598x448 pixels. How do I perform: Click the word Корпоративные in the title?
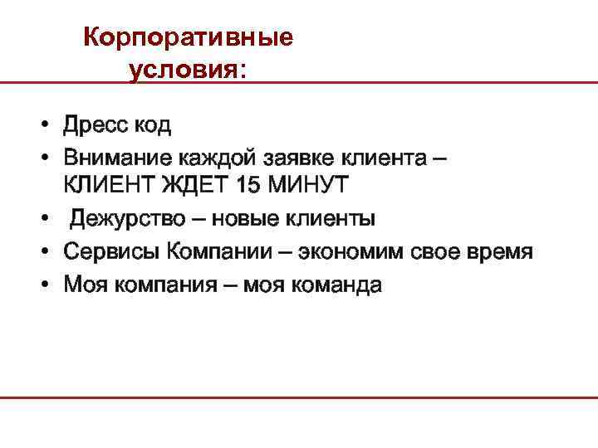click(189, 38)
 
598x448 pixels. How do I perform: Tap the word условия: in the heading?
click(188, 71)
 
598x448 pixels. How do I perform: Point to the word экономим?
click(360, 251)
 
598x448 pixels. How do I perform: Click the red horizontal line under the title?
click(415, 83)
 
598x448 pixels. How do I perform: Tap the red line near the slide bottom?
click(299, 398)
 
